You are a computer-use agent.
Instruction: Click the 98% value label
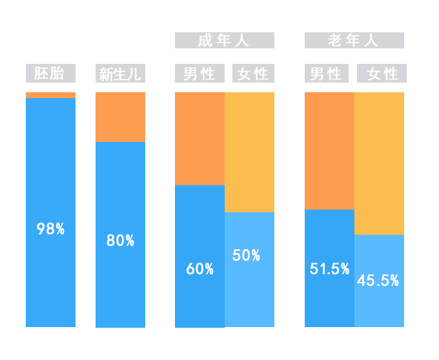(51, 228)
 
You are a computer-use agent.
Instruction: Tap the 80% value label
(120, 241)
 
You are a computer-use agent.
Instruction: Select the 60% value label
(200, 269)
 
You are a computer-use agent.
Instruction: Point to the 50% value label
(246, 255)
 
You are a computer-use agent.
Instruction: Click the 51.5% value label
(329, 269)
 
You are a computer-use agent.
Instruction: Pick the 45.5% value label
(378, 281)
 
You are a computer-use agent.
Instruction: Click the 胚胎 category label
(51, 74)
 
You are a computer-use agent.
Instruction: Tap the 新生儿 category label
(120, 74)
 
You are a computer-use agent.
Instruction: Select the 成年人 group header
(224, 41)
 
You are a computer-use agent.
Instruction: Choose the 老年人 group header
(354, 41)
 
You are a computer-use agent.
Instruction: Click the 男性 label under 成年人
(199, 74)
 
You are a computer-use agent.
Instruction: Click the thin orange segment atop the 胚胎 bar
(51, 94)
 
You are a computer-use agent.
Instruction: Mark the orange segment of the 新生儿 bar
(120, 116)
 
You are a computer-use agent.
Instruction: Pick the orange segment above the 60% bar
(199, 137)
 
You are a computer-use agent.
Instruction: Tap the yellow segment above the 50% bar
(250, 151)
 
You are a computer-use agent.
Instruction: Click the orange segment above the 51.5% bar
(329, 150)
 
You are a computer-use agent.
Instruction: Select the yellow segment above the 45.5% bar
(380, 162)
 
